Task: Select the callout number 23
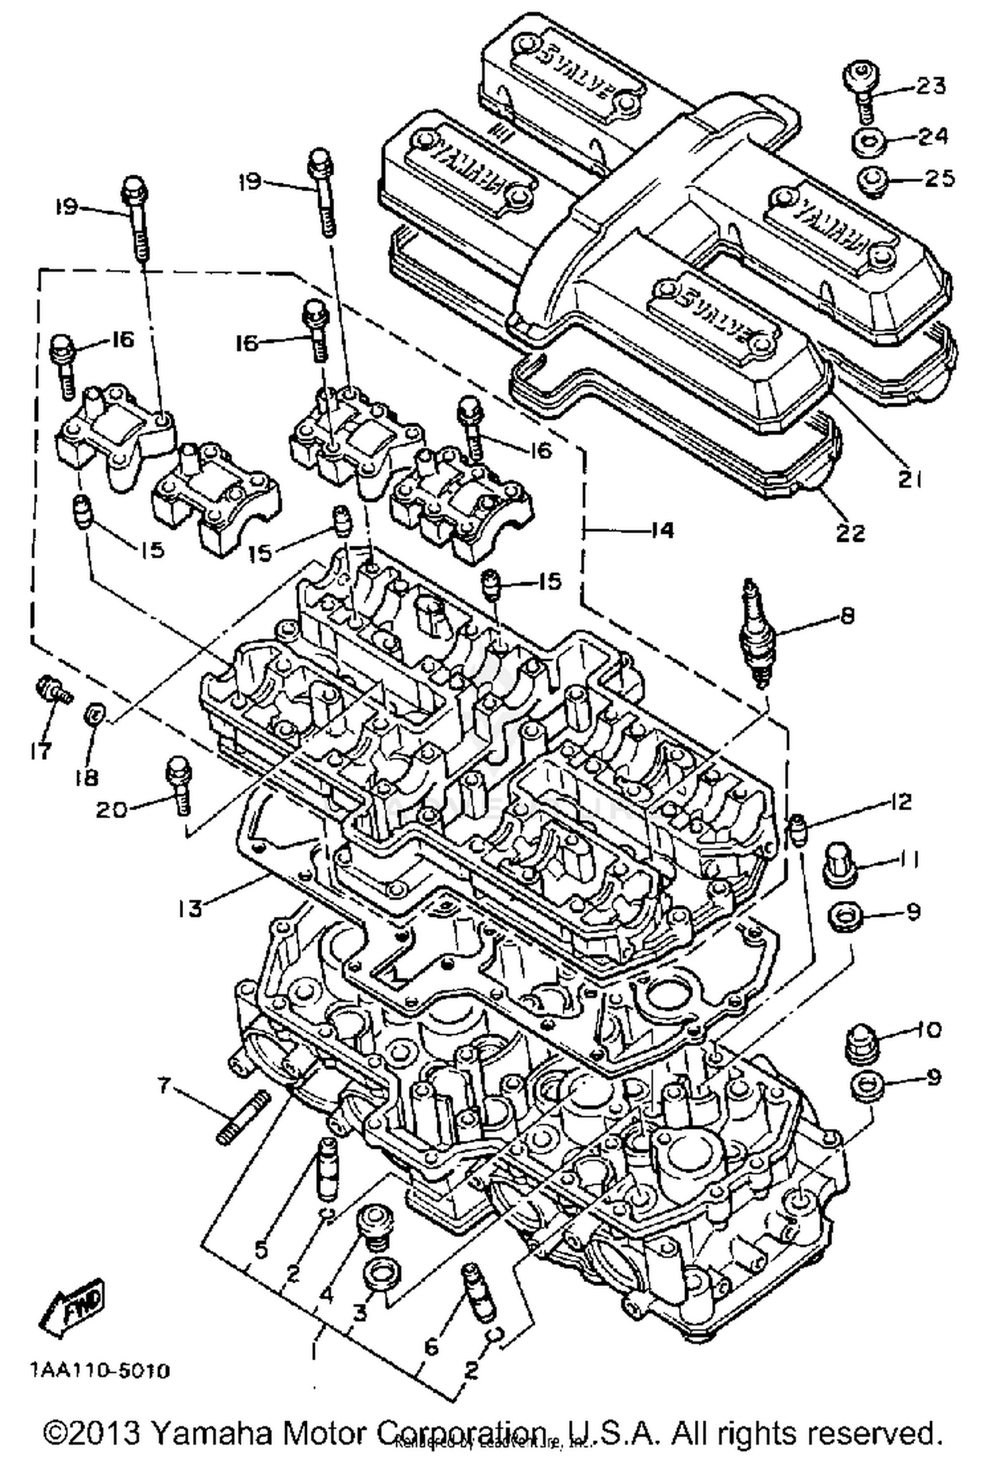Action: coord(930,86)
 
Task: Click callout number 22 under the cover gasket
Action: coord(849,532)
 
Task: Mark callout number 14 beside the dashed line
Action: coord(662,530)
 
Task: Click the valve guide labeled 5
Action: coord(327,1171)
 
